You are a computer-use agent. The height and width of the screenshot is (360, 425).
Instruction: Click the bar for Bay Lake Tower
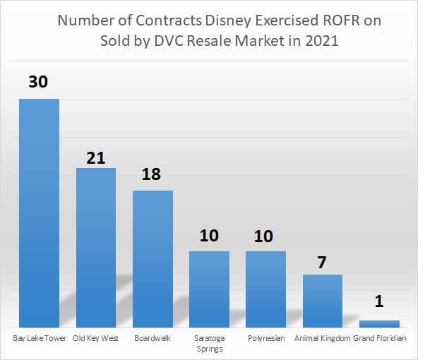39,212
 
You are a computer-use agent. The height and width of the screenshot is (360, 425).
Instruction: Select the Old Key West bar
96,247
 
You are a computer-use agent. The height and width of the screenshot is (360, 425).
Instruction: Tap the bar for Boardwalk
152,258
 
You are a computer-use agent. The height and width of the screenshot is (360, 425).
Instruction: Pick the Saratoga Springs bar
209,289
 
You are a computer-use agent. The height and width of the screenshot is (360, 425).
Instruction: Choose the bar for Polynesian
265,289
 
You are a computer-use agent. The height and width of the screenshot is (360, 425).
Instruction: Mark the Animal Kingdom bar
323,300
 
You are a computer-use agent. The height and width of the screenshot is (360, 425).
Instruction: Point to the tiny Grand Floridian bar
379,323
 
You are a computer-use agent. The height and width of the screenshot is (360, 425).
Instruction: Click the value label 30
39,82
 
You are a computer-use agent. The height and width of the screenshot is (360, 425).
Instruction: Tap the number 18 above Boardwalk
152,174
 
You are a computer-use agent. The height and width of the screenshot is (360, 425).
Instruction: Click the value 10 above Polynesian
265,235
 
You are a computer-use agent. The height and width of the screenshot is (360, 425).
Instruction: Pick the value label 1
379,303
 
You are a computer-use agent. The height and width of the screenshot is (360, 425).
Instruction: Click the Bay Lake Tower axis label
40,338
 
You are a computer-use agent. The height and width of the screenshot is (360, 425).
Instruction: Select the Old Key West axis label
96,338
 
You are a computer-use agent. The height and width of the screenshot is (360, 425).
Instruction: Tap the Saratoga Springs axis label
209,343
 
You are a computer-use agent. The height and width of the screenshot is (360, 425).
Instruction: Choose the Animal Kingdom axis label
323,338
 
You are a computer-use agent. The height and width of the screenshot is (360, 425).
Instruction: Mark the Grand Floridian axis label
380,338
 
